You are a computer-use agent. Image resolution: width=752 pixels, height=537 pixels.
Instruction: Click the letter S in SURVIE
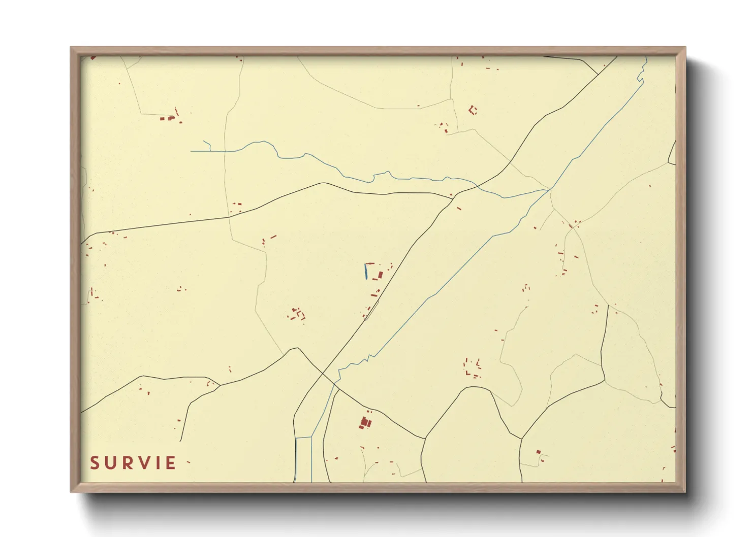95,463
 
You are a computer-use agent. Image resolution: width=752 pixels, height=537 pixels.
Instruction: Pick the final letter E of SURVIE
171,463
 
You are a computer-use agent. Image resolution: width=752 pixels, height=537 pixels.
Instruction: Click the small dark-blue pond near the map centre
366,272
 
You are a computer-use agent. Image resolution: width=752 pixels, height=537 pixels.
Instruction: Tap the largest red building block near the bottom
365,422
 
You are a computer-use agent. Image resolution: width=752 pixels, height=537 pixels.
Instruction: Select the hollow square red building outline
473,110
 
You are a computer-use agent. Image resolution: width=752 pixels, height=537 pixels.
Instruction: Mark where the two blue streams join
550,190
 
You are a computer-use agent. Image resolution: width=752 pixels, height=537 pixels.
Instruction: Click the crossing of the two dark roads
323,375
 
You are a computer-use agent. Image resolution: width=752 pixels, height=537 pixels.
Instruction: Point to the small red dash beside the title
188,462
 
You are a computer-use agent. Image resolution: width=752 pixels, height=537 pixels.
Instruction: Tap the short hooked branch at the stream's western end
207,146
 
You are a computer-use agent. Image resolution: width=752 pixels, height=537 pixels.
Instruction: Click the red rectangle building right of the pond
381,275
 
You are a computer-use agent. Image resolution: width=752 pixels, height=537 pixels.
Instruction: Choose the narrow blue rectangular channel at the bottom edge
303,459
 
